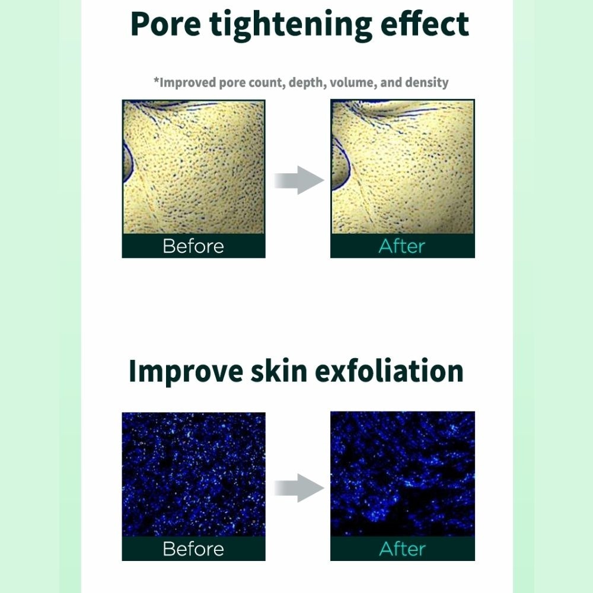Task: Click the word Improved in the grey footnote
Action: click(187, 82)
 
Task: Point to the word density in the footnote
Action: click(426, 82)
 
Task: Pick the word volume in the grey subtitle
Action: click(352, 82)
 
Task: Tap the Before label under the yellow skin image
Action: click(193, 246)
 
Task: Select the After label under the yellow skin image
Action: click(402, 246)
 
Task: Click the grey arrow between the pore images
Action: click(298, 180)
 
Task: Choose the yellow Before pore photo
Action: click(193, 167)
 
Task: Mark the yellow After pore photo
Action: click(402, 167)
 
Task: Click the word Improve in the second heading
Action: click(186, 371)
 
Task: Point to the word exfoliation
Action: click(388, 371)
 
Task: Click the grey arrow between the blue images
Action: click(298, 487)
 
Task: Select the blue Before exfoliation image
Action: click(193, 474)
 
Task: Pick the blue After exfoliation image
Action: click(402, 474)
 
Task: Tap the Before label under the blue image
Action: click(193, 549)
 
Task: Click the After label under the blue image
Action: click(402, 549)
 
